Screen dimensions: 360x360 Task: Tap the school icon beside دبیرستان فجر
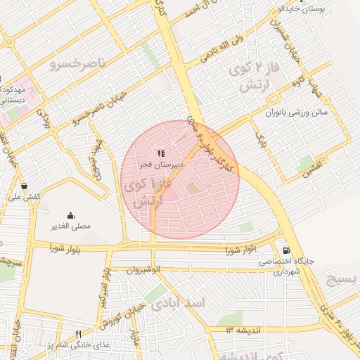[161, 153]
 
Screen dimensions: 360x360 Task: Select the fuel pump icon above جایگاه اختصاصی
[285, 250]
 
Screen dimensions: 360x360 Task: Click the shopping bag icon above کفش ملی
[25, 186]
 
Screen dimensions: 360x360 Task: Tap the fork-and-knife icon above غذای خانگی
[78, 334]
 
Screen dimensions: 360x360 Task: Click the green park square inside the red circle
[192, 187]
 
